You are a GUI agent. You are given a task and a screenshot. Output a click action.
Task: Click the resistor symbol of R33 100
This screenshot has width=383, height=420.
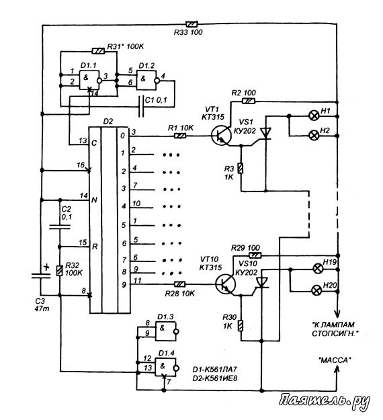pyautogui.click(x=192, y=24)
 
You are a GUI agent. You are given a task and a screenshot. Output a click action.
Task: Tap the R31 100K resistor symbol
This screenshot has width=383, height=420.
pyautogui.click(x=98, y=50)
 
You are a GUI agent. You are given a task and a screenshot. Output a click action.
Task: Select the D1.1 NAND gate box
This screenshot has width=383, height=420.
pyautogui.click(x=89, y=80)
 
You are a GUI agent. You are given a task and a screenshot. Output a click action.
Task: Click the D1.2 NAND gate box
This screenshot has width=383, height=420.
pyautogui.click(x=146, y=81)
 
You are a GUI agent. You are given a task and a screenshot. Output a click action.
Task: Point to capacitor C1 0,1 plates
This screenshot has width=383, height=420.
pyautogui.click(x=141, y=106)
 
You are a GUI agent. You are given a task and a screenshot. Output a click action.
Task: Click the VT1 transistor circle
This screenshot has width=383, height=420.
pyautogui.click(x=221, y=136)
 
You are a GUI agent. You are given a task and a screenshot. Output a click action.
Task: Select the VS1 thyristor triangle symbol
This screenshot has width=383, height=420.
pyautogui.click(x=266, y=134)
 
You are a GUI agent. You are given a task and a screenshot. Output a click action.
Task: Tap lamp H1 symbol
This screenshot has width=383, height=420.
pyautogui.click(x=314, y=116)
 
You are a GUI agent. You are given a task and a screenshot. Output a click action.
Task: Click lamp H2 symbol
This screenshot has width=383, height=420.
pyautogui.click(x=314, y=136)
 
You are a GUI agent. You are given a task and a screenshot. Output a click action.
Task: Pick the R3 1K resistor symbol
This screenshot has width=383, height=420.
pyautogui.click(x=241, y=168)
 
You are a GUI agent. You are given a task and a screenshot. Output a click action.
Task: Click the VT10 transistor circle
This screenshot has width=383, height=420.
pyautogui.click(x=226, y=284)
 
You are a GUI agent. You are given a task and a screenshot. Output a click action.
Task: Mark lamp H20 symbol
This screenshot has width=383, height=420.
pyautogui.click(x=317, y=290)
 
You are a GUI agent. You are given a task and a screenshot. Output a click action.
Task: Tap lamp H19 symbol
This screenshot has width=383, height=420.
pyautogui.click(x=318, y=268)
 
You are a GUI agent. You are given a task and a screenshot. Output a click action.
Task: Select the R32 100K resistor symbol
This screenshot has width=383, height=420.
pyautogui.click(x=59, y=271)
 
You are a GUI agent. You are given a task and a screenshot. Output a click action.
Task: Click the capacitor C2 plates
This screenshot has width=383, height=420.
pyautogui.click(x=60, y=227)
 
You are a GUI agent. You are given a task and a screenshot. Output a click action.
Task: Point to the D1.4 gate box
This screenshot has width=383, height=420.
pyautogui.click(x=165, y=366)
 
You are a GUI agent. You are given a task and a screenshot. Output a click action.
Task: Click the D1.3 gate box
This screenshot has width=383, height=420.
pyautogui.click(x=166, y=331)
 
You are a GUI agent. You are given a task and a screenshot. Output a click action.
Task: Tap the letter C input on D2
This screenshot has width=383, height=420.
pyautogui.click(x=94, y=143)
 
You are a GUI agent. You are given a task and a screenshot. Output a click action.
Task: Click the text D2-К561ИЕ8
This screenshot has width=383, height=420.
pyautogui.click(x=215, y=378)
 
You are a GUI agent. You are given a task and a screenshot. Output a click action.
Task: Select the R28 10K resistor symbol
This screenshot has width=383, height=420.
pyautogui.click(x=179, y=284)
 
